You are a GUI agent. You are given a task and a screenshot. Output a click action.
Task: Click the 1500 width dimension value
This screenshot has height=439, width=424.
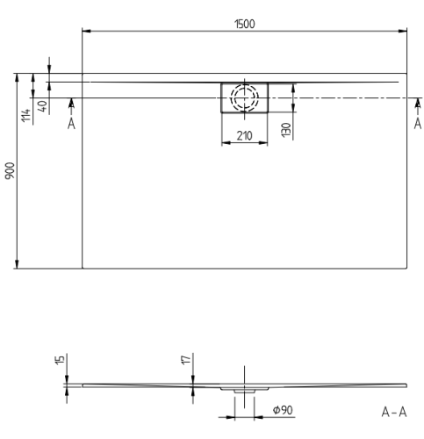(245, 24)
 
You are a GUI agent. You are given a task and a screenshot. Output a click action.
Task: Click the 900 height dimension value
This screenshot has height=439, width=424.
(11, 170)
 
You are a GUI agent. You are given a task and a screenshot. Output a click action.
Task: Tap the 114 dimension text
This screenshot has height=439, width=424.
(26, 115)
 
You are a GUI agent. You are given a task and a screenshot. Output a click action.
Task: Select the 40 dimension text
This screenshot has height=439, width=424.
(42, 106)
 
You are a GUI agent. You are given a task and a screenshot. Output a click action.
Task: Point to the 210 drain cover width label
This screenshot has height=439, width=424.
(244, 136)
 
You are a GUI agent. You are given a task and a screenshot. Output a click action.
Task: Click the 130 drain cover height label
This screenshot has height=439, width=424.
(286, 130)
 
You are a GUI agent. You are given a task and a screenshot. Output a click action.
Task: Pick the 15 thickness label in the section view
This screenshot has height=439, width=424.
(60, 360)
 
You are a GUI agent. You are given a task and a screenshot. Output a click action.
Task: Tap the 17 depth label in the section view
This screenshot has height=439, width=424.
(186, 360)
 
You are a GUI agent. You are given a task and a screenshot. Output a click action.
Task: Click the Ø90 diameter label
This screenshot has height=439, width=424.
(283, 410)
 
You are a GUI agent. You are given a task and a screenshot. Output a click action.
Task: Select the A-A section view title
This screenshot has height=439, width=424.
(394, 412)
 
